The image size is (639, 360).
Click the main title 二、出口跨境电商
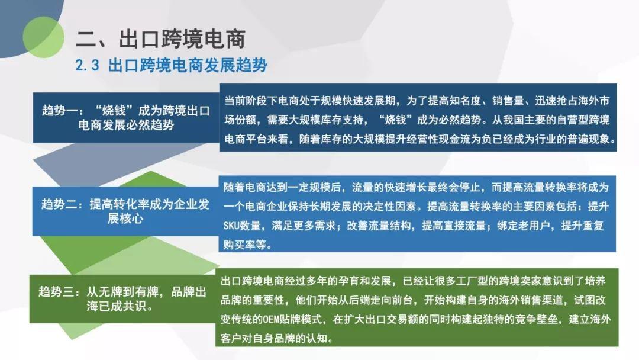tap(160, 39)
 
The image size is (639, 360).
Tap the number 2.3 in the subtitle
tap(87, 65)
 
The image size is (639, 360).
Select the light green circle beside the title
tap(43, 37)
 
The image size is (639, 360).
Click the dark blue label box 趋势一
tap(126, 117)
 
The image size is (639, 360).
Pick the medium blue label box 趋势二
tap(125, 211)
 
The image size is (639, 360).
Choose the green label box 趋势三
tap(122, 299)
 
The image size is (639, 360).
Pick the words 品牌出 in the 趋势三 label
tap(189, 292)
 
